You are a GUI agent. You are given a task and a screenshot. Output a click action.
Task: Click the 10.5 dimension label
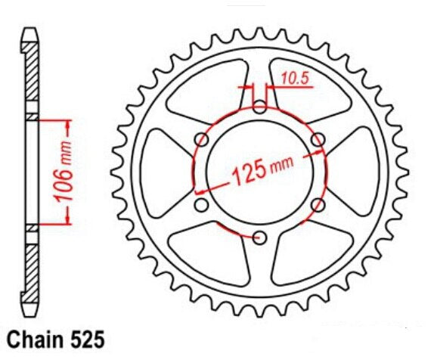pos(295,76)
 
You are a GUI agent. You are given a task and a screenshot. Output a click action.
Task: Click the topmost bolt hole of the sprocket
pos(259,107)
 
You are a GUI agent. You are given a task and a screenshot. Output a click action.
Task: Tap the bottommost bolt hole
pos(259,237)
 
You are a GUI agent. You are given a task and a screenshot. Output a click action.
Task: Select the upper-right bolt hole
pos(317,140)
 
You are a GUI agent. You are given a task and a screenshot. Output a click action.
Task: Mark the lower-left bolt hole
pos(202,205)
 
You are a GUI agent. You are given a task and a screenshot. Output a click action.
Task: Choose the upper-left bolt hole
pos(202,140)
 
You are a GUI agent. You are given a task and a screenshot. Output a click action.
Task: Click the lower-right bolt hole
pos(317,205)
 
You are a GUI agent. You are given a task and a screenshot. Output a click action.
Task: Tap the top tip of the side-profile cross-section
pos(29,30)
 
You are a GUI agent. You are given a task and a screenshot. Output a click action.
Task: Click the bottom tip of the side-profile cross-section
pos(29,313)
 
